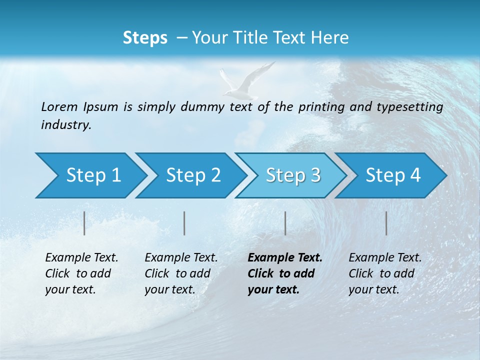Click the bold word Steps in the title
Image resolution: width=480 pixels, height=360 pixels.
(x=145, y=38)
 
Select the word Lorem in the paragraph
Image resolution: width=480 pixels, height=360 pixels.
(x=59, y=106)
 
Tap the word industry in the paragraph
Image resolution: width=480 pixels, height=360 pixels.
(x=65, y=124)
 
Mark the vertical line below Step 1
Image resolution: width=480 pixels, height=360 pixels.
(x=84, y=223)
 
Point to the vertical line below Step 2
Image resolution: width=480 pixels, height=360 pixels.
(x=184, y=223)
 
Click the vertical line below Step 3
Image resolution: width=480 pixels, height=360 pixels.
(x=285, y=223)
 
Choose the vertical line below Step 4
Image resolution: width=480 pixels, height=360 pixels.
(x=386, y=223)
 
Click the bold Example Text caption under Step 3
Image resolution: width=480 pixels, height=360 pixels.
(x=284, y=273)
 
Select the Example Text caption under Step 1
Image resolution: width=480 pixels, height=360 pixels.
(x=81, y=273)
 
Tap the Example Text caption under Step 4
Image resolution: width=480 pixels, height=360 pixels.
(x=385, y=273)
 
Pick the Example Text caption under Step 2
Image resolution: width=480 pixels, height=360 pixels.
(x=181, y=273)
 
